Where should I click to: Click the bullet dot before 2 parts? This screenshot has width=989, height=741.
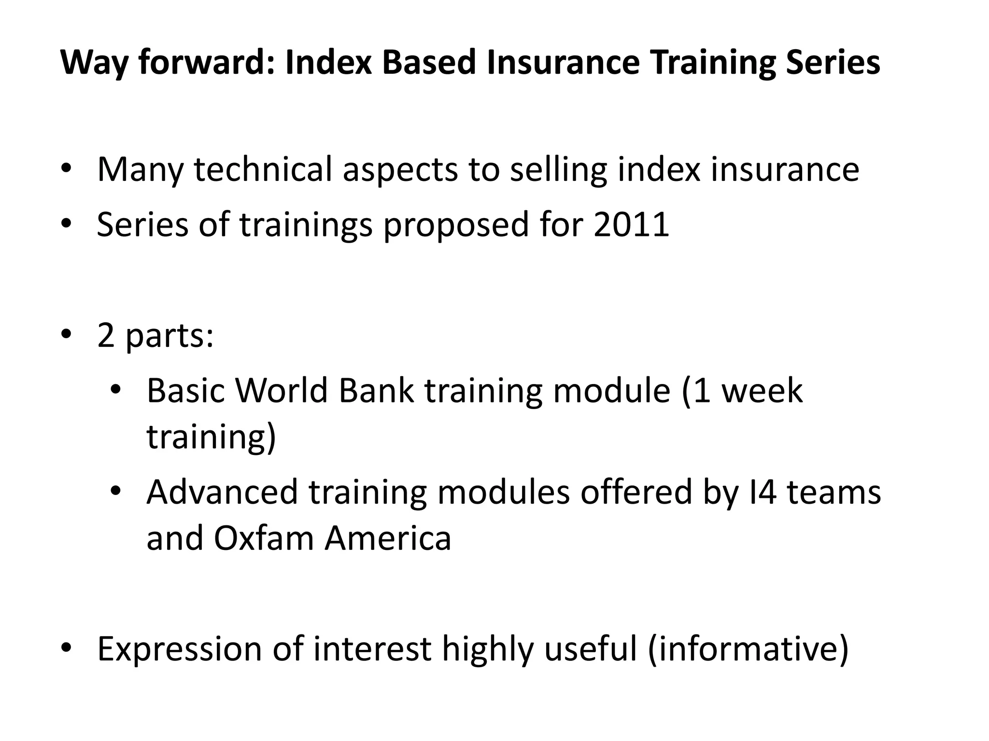click(x=66, y=334)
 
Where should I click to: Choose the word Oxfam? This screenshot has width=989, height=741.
click(x=263, y=538)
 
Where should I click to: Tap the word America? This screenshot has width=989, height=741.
click(x=388, y=538)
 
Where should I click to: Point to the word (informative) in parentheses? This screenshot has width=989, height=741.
click(x=748, y=649)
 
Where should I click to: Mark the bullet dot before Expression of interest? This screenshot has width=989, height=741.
click(x=66, y=647)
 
